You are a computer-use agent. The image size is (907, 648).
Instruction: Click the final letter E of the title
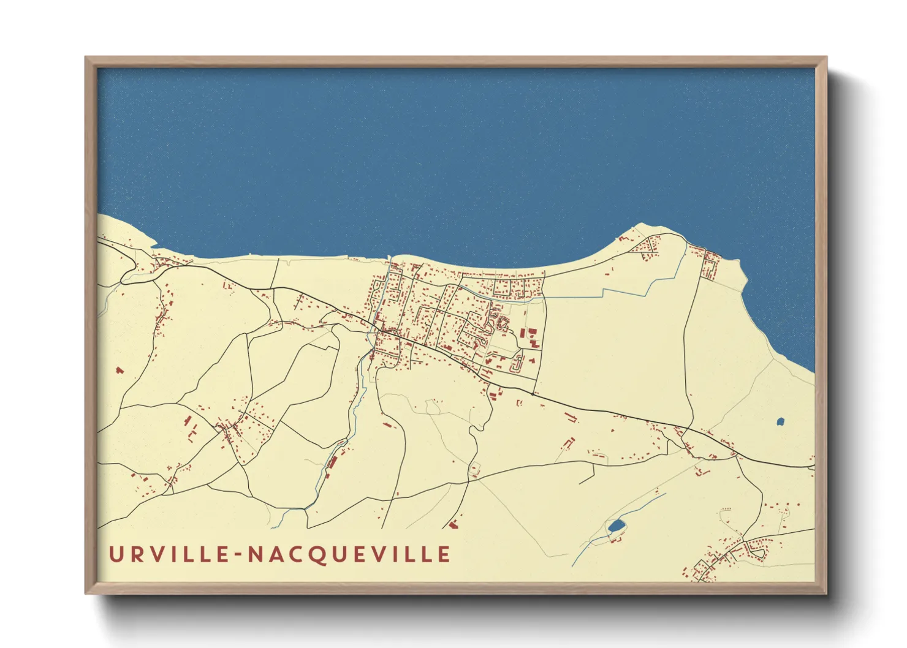(444, 554)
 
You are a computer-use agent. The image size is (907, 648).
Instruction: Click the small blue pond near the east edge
(780, 421)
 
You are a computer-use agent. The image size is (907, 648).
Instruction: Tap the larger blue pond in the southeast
(616, 526)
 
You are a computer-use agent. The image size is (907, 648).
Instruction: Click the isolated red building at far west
(120, 370)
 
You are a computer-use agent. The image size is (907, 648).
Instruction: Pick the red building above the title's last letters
(453, 524)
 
